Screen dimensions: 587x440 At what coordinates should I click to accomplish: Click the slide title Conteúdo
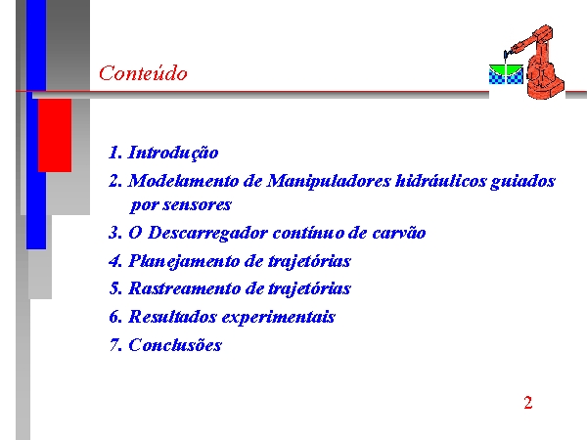143,72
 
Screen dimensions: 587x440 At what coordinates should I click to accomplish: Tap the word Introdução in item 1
173,154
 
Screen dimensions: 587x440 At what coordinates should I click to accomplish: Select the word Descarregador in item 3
207,234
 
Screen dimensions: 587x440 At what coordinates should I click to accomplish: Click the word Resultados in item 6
172,317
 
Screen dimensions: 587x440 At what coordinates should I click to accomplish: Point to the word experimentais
279,317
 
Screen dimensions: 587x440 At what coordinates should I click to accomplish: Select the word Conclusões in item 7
175,345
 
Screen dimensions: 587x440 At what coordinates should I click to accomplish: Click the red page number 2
528,403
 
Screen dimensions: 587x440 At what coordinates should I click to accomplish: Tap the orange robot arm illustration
537,62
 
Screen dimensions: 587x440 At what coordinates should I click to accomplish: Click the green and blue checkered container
506,74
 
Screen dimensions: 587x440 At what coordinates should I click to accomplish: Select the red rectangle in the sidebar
55,136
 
